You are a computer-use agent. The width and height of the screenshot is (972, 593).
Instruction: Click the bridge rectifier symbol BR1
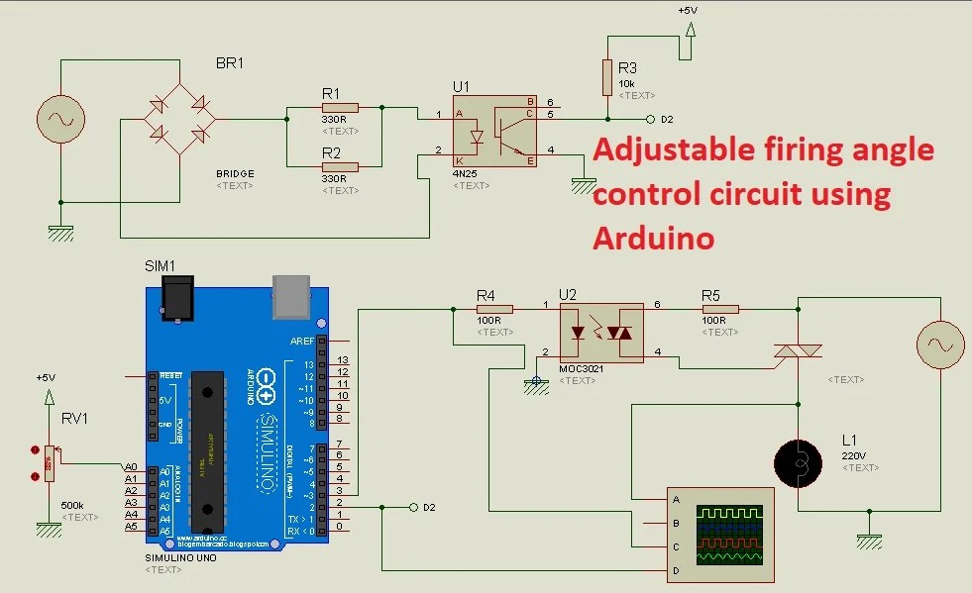179,119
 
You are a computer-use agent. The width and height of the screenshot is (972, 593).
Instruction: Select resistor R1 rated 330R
339,107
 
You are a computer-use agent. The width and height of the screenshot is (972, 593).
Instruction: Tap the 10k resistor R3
607,75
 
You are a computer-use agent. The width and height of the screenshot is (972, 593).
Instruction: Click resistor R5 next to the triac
718,309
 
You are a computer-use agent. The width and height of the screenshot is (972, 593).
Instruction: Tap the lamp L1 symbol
798,462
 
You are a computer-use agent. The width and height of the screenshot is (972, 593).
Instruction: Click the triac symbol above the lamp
798,351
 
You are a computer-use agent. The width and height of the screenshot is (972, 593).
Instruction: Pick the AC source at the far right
937,346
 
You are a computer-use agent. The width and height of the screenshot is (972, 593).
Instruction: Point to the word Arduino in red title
654,239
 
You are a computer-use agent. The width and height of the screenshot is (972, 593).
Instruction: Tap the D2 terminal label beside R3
667,119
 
